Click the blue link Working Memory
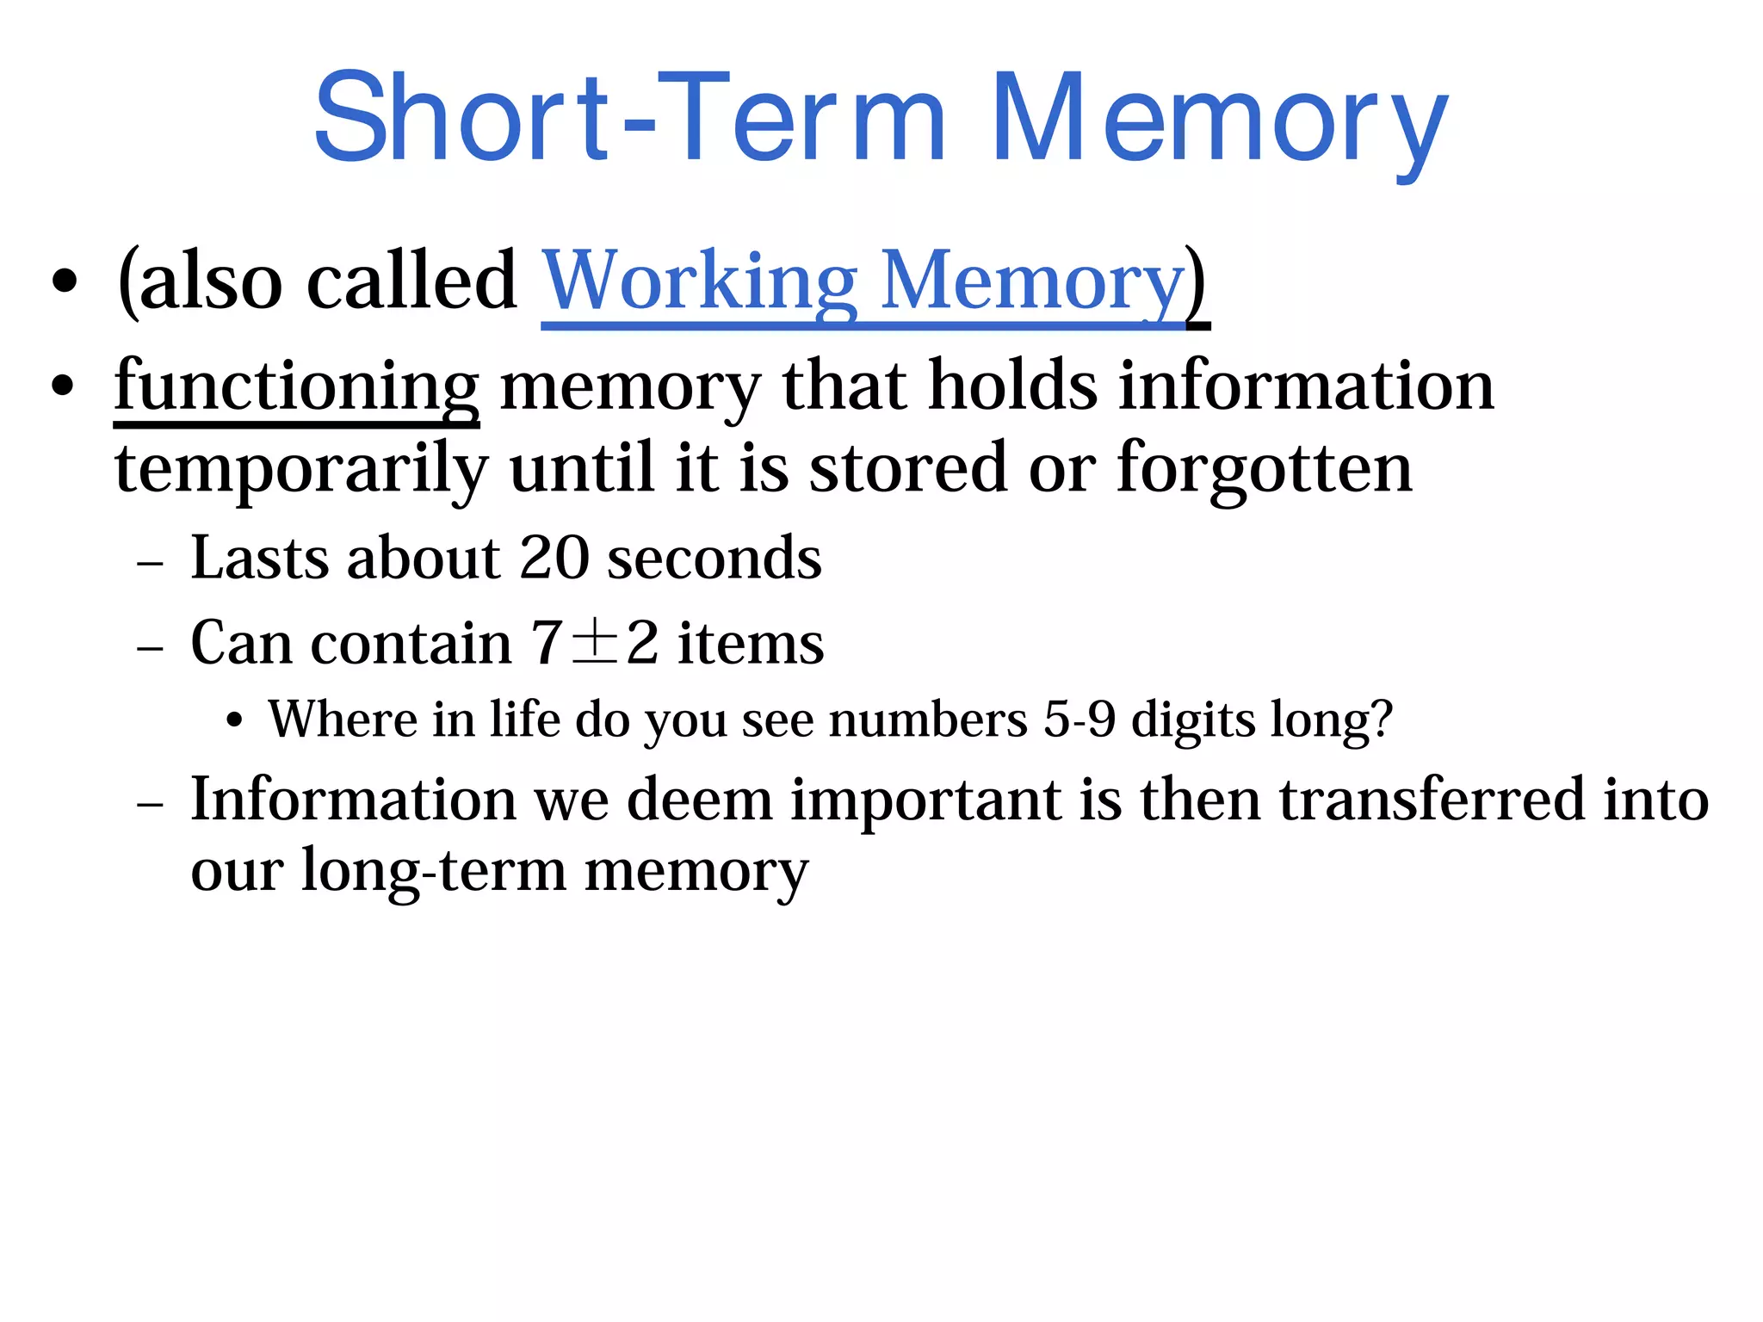click(863, 282)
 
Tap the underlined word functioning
click(296, 387)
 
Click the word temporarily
click(300, 470)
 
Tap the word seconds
click(714, 559)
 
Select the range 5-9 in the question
click(1079, 720)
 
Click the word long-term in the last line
click(434, 871)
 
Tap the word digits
click(1193, 720)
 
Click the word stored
click(907, 470)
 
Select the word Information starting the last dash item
click(353, 800)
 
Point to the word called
click(411, 282)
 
